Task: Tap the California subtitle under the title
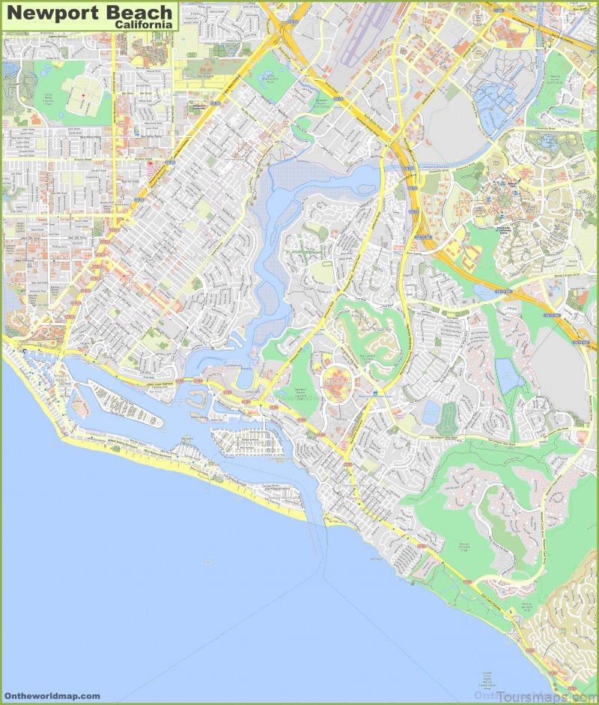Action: pos(144,24)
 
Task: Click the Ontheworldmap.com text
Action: pos(51,696)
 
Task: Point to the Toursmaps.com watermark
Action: pos(535,695)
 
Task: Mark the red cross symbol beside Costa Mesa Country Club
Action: pos(85,96)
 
